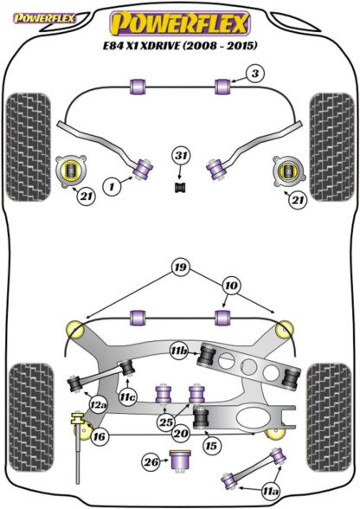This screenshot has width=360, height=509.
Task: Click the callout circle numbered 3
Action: pyautogui.click(x=255, y=74)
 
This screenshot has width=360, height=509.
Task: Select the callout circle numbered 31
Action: pyautogui.click(x=181, y=156)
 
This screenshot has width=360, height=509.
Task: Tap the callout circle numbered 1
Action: pyautogui.click(x=112, y=187)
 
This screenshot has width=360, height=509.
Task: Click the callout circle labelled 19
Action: pyautogui.click(x=181, y=267)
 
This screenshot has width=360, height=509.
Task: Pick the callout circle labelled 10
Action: pyautogui.click(x=230, y=286)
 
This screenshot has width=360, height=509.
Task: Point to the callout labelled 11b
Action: pyautogui.click(x=179, y=351)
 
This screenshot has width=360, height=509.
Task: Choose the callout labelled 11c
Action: pyautogui.click(x=127, y=396)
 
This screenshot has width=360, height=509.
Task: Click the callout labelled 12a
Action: pyautogui.click(x=99, y=404)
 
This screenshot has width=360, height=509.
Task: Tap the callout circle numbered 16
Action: pyautogui.click(x=99, y=436)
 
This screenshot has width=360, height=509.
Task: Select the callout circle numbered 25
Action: pyautogui.click(x=166, y=422)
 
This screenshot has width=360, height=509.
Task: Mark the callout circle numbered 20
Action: pyautogui.click(x=181, y=433)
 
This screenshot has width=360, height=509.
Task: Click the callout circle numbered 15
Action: pyautogui.click(x=211, y=445)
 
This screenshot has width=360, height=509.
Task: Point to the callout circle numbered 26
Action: pyautogui.click(x=151, y=462)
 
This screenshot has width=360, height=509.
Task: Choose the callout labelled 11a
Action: pyautogui.click(x=271, y=492)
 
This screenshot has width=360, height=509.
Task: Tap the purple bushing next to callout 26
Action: pyautogui.click(x=181, y=461)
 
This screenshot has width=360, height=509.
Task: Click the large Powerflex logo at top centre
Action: pyautogui.click(x=180, y=23)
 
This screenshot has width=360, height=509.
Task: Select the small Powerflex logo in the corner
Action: pyautogui.click(x=44, y=18)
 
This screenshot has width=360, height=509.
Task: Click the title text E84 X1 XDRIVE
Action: pyautogui.click(x=141, y=46)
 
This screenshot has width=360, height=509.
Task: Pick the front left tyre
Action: pyautogui.click(x=29, y=147)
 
